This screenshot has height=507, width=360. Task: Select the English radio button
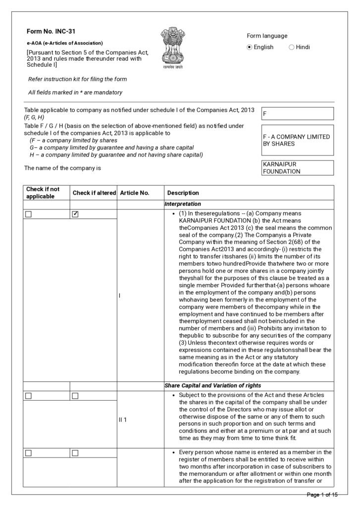point(250,47)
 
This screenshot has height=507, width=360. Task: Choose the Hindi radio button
point(291,47)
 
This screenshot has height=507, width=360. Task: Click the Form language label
point(267,36)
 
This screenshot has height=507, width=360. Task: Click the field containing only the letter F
point(297,113)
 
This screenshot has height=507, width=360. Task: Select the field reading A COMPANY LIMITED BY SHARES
point(297,140)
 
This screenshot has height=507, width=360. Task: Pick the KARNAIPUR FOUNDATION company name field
point(297,168)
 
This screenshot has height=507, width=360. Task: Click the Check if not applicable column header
point(43,193)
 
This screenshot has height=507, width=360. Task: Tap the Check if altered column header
point(94,193)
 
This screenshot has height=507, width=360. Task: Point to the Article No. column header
point(135,193)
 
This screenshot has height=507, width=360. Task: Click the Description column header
point(183,193)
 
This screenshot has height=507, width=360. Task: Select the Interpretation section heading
point(183,203)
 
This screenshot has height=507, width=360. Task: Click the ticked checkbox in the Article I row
point(76,214)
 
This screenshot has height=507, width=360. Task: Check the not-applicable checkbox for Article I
point(28,214)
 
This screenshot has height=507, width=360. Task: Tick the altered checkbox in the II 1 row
point(76,396)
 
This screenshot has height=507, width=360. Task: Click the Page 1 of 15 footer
point(322,495)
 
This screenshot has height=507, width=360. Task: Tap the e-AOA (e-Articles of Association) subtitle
point(65,43)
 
